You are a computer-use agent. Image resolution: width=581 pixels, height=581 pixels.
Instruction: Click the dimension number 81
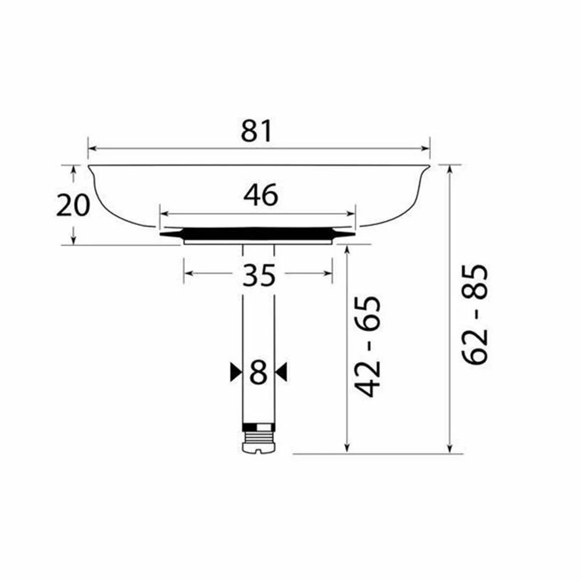point(256,131)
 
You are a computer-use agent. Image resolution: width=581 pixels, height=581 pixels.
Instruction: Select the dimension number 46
point(260,195)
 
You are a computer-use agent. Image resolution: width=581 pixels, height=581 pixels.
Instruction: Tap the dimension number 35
point(259,275)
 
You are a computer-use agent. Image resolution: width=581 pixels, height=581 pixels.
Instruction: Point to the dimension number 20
point(73,205)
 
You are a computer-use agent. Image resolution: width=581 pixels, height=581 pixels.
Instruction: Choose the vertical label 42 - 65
point(368,346)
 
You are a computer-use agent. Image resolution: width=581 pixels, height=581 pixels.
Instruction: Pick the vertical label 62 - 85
point(475,314)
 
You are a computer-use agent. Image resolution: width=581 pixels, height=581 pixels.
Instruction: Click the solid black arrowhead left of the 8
point(235,372)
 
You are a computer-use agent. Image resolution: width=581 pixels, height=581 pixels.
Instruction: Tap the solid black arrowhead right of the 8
point(281,372)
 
